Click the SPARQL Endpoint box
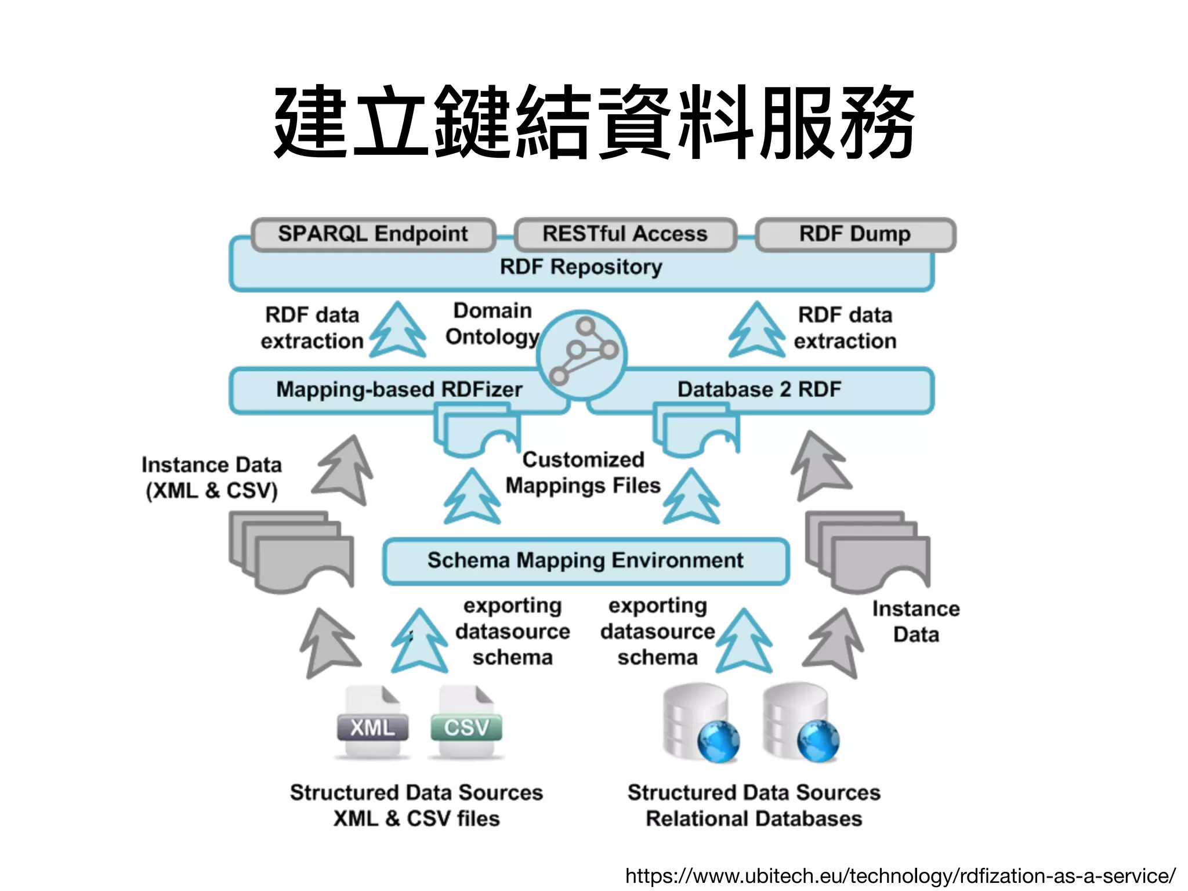click(373, 234)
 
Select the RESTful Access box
click(625, 234)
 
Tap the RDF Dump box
click(855, 234)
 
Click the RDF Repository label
click(581, 267)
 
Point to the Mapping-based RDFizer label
click(399, 389)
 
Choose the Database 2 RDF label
click(759, 389)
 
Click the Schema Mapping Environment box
click(585, 561)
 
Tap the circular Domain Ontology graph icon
click(581, 354)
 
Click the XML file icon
click(372, 723)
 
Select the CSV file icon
click(466, 723)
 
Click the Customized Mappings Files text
click(583, 472)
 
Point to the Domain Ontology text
click(492, 324)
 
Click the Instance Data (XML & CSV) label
click(212, 477)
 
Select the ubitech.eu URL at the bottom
click(900, 875)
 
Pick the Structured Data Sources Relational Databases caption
click(754, 805)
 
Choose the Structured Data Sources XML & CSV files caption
click(416, 805)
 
